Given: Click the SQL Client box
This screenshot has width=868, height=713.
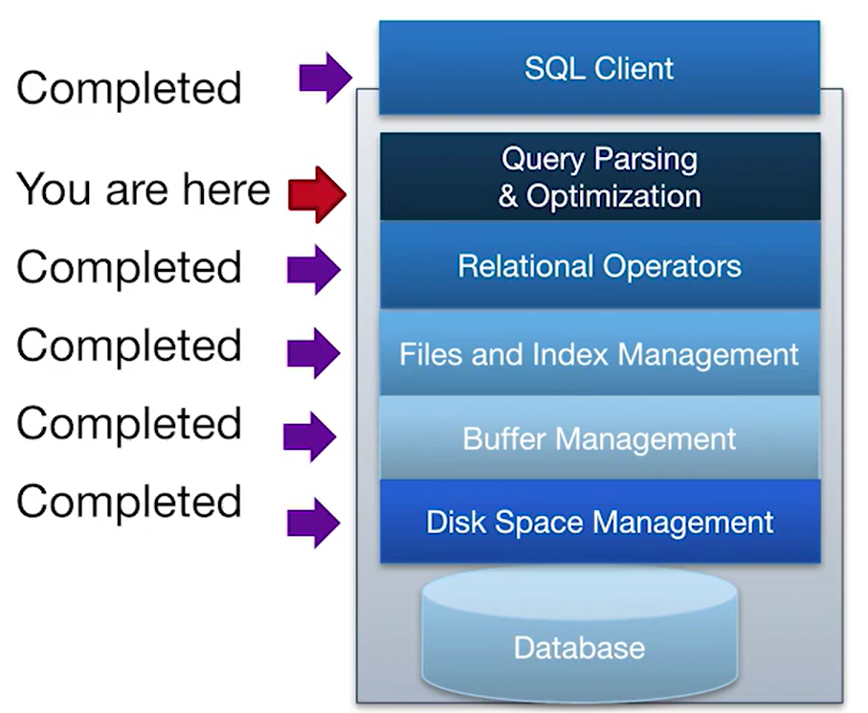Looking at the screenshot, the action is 599,68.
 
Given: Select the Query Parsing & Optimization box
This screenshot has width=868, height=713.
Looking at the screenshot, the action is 600,177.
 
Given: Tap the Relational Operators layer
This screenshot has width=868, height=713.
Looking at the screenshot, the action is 600,266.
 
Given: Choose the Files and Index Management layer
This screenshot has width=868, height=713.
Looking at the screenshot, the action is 600,353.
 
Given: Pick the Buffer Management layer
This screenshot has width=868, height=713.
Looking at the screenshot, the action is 600,438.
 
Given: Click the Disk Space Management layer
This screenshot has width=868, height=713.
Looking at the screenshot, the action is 600,522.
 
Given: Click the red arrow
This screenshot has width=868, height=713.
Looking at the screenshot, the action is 318,194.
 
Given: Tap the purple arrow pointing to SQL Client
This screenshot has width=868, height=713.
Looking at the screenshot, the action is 325,78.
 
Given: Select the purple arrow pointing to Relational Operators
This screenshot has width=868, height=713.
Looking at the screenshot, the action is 314,270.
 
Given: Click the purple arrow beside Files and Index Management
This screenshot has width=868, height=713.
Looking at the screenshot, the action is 314,352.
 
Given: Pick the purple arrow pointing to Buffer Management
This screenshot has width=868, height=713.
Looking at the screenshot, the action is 309,436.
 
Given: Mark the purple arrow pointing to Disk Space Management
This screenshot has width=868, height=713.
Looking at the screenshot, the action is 314,523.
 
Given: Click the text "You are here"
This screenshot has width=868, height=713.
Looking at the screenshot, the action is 144,189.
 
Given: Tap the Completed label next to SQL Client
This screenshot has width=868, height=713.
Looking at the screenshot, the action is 129,89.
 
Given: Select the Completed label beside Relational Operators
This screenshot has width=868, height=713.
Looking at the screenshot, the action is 129,267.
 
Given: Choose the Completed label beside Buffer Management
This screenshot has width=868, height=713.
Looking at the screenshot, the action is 129,424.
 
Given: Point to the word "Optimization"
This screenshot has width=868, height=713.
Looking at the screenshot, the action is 613,197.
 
